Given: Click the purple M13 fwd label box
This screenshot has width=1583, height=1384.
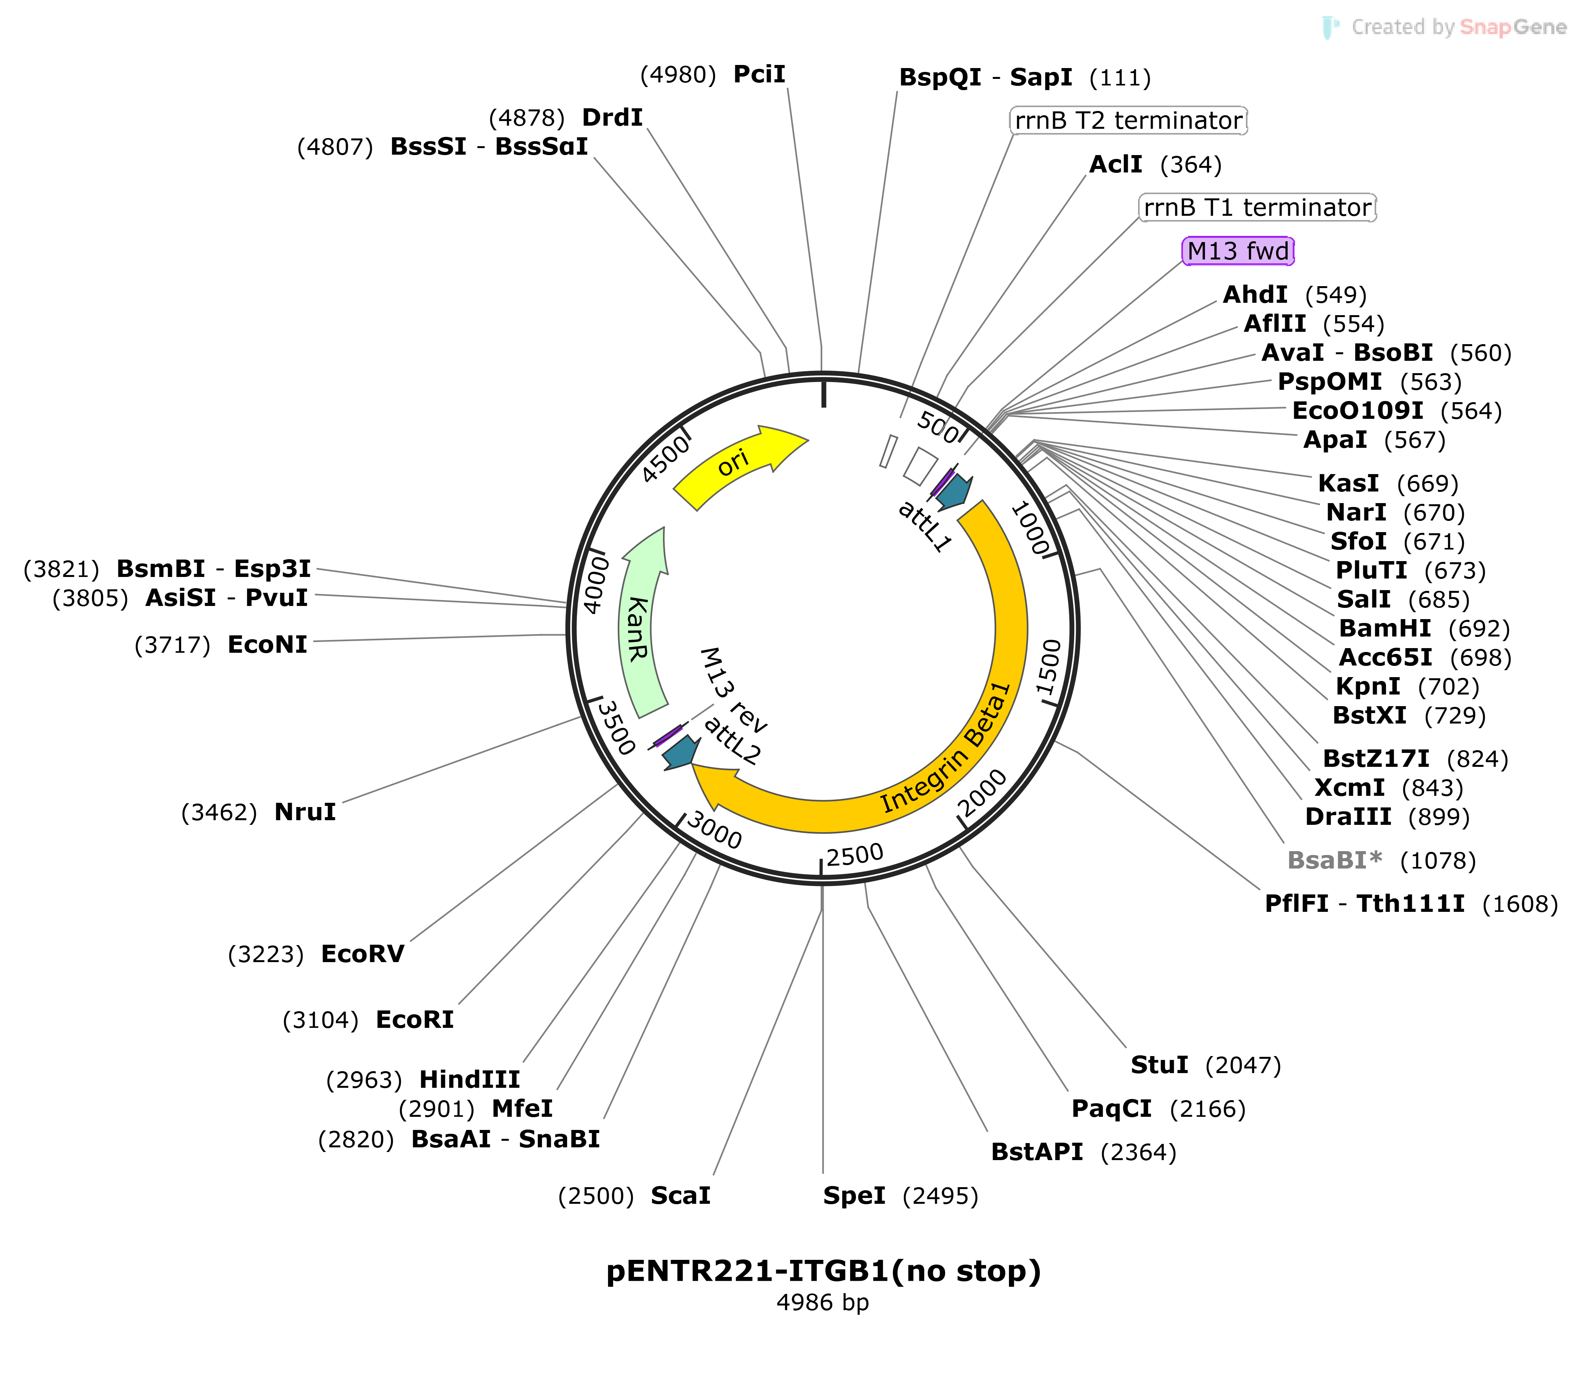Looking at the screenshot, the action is coord(1238,251).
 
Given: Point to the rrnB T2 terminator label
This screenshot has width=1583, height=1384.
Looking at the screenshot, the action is coord(1128,121).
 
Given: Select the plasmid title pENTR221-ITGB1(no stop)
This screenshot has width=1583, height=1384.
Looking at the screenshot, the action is coord(823,1270).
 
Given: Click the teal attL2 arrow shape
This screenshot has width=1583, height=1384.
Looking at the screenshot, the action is coord(681,753).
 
